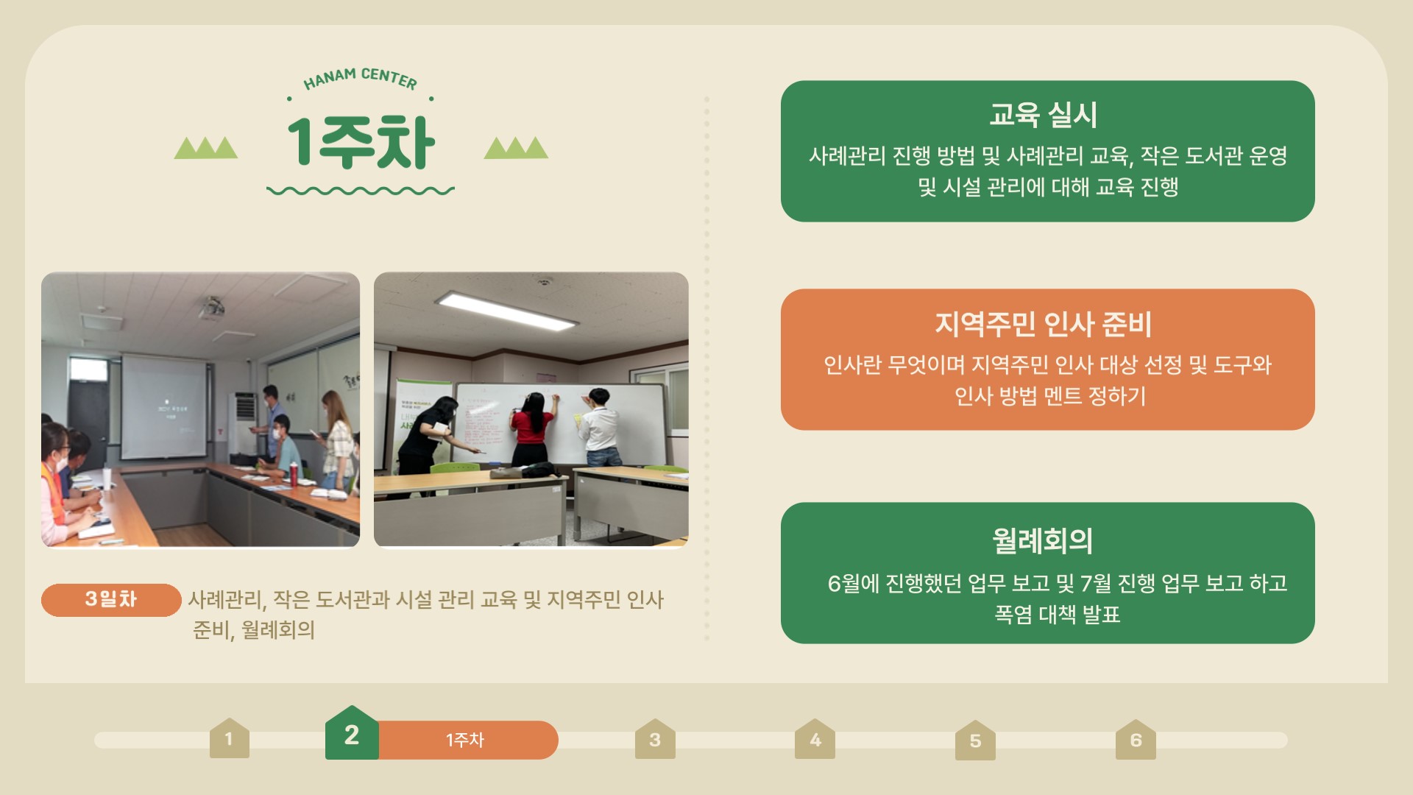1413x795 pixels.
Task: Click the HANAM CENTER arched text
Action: point(360,78)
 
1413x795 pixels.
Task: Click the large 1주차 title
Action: point(361,143)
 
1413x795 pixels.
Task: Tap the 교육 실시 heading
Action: point(1043,114)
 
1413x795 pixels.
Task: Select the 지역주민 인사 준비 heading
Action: point(1043,323)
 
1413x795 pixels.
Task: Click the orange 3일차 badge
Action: point(111,599)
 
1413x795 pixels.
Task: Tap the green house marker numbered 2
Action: point(352,732)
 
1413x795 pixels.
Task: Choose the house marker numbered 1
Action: point(230,738)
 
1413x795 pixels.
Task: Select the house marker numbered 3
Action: point(655,738)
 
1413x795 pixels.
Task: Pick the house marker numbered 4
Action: point(815,738)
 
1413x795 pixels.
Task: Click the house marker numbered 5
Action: point(975,740)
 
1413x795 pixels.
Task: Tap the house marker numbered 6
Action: point(1136,739)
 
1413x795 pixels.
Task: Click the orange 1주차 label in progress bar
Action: point(465,740)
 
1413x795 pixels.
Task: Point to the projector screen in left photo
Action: point(163,407)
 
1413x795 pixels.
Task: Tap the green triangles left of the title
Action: point(206,148)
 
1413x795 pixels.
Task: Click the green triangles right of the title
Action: point(516,148)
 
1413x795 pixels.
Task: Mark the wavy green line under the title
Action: point(361,191)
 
